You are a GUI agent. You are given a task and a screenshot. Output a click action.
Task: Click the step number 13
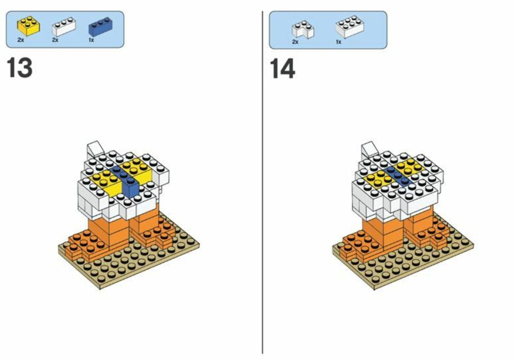[x=20, y=67]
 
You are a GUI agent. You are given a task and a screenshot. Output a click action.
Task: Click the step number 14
[x=282, y=69]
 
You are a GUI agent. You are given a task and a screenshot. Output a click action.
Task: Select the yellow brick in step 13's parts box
[x=29, y=26]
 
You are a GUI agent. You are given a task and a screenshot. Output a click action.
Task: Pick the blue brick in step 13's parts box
[x=100, y=26]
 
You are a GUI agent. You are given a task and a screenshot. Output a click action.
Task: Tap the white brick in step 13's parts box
[x=64, y=26]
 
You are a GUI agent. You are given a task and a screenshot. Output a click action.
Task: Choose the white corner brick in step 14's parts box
[x=303, y=29]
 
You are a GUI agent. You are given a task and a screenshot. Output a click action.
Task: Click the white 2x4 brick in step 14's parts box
[x=350, y=26]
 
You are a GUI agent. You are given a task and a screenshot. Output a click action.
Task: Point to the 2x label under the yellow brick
[x=21, y=40]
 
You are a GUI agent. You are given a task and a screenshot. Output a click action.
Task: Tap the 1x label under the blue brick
[x=92, y=40]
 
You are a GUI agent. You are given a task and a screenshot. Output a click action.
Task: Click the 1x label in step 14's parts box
[x=338, y=42]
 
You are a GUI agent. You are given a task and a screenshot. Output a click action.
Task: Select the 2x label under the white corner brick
[x=295, y=42]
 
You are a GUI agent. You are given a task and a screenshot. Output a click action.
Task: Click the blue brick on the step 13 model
[x=126, y=181]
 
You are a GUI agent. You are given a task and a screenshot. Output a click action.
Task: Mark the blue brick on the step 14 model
[x=397, y=176]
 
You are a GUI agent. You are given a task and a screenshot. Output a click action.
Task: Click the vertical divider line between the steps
[x=262, y=182]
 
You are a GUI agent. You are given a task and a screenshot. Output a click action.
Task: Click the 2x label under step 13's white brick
[x=55, y=40]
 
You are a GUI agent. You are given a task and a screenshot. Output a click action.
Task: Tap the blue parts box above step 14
[x=328, y=30]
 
